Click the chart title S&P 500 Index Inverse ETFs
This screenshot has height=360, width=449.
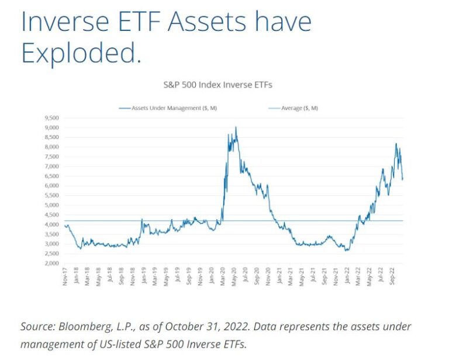(217, 85)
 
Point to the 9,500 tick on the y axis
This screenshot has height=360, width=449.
(52, 118)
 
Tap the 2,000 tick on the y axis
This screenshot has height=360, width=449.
(52, 264)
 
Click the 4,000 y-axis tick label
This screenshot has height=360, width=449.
(52, 225)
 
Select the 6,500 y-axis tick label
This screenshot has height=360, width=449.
(52, 176)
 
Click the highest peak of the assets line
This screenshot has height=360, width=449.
(236, 127)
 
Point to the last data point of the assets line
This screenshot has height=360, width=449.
(402, 178)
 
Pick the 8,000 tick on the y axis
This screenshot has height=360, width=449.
(52, 147)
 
